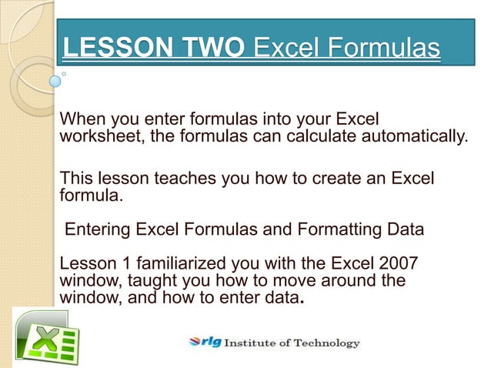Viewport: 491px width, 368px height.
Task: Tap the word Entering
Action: (98, 229)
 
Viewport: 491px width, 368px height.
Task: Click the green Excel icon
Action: (47, 338)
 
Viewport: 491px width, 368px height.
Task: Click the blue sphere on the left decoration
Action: (55, 79)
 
